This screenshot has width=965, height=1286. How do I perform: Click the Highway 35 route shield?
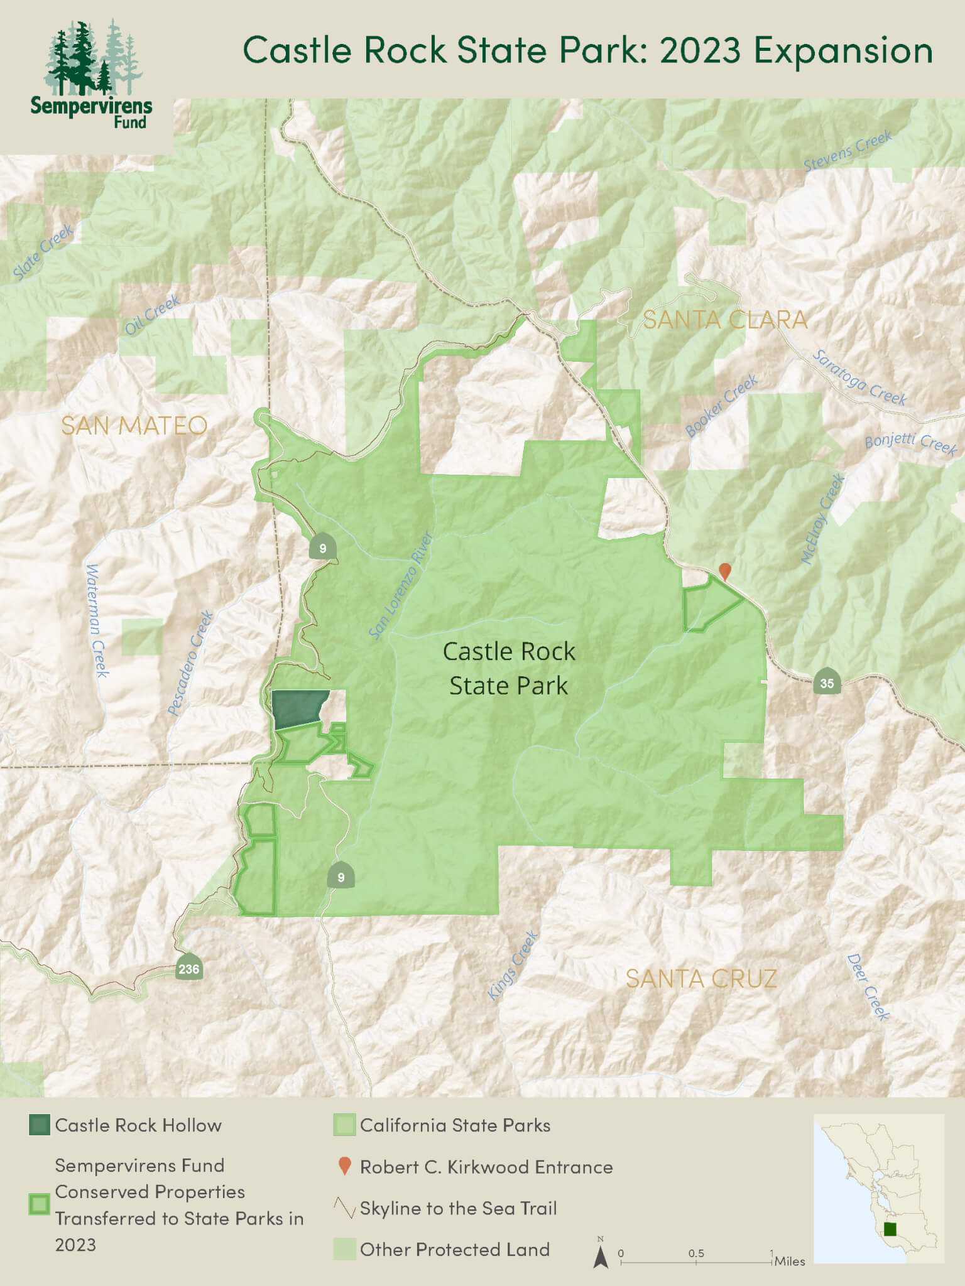click(827, 683)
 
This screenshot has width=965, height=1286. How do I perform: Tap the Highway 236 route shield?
click(188, 968)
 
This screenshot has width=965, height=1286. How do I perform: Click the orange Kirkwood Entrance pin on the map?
click(725, 570)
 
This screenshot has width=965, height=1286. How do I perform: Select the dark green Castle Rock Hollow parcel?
click(298, 708)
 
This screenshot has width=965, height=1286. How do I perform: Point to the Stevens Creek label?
click(848, 151)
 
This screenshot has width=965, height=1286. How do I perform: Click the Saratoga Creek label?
click(859, 377)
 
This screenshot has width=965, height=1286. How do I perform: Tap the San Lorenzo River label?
click(400, 586)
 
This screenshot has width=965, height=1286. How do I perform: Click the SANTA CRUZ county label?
click(701, 979)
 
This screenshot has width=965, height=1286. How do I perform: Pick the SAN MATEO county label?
click(134, 426)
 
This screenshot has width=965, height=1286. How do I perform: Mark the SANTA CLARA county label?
click(725, 320)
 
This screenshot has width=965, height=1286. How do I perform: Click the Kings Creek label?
click(513, 965)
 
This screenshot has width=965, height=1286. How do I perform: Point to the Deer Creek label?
click(868, 987)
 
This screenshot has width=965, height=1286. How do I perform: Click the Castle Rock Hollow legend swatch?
click(40, 1125)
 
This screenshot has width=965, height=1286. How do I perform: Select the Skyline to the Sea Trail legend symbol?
click(344, 1208)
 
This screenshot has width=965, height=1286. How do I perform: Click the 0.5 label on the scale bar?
click(695, 1253)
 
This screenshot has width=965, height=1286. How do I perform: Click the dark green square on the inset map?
click(890, 1229)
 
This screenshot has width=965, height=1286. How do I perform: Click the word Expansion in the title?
click(843, 50)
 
